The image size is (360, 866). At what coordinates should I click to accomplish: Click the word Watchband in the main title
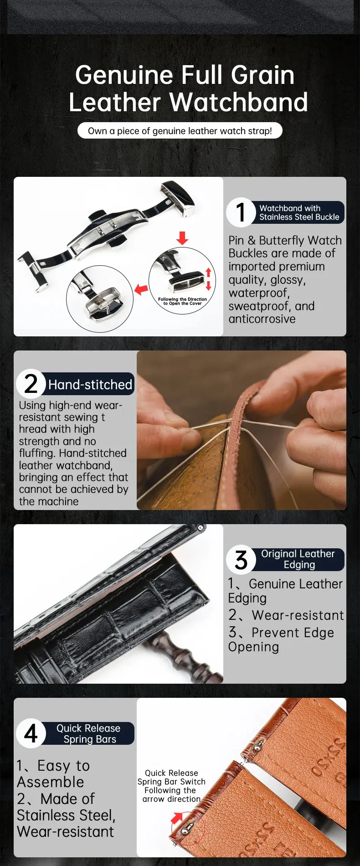click(239, 102)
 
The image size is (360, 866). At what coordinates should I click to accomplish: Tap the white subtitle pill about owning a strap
click(180, 131)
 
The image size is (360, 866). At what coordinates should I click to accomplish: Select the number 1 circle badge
click(241, 212)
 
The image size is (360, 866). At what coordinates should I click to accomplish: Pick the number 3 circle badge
click(241, 559)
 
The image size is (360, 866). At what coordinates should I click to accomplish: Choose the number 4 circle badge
click(31, 733)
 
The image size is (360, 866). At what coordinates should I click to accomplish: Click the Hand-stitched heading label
click(90, 384)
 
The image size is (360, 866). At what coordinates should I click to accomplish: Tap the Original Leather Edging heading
click(298, 559)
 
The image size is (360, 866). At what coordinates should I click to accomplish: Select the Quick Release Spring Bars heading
click(89, 733)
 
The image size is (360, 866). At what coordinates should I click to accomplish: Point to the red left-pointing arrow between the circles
click(141, 289)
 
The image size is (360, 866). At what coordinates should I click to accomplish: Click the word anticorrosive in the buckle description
click(262, 319)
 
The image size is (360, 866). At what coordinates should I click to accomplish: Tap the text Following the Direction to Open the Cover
click(182, 301)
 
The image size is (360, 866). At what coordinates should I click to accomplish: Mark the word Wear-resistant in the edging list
click(298, 615)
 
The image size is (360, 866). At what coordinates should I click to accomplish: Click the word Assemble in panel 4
click(51, 782)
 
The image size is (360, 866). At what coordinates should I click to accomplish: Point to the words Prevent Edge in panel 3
click(293, 633)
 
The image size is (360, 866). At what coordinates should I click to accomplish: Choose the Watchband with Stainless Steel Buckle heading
click(299, 212)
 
